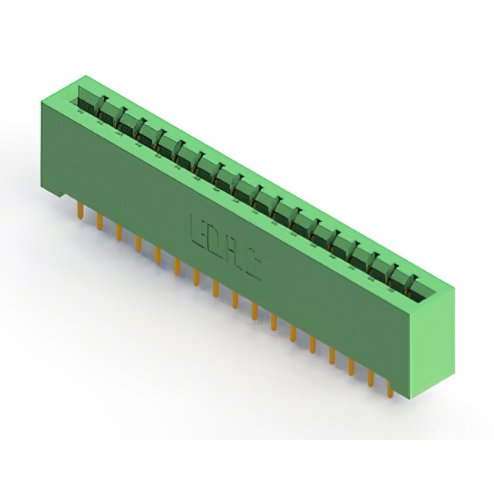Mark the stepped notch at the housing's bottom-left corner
click(67, 194)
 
